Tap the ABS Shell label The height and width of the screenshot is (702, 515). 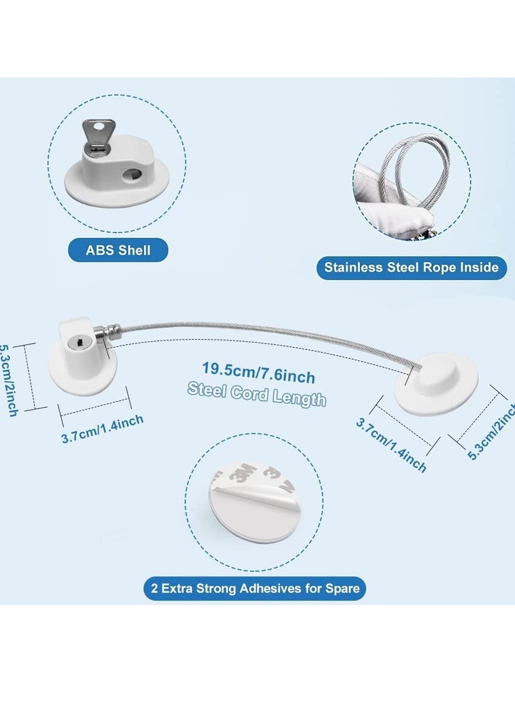click(x=118, y=250)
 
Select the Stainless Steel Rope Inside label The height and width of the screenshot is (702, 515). click(x=411, y=266)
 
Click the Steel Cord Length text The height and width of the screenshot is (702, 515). click(x=257, y=394)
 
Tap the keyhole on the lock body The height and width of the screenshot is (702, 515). click(x=73, y=347)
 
